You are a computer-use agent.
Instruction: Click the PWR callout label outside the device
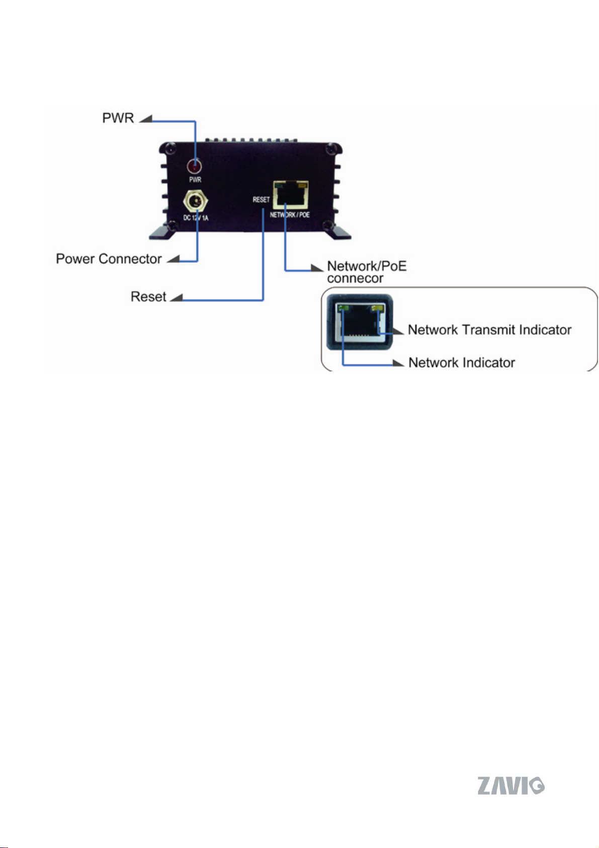[x=118, y=118]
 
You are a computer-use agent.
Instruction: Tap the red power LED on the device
[x=195, y=166]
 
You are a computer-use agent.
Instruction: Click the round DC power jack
[x=196, y=201]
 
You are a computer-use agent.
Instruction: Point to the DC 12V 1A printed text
[x=196, y=218]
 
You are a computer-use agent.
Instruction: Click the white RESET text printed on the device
[x=261, y=199]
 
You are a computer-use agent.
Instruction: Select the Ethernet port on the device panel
[x=291, y=195]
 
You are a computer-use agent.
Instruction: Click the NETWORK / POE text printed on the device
[x=290, y=215]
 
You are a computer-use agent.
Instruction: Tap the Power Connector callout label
[x=109, y=259]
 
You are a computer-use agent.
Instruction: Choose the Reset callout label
[x=148, y=296]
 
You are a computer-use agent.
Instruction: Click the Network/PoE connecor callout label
[x=367, y=272]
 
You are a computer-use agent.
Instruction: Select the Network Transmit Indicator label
[x=490, y=330]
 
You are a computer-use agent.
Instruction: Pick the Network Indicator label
[x=462, y=363]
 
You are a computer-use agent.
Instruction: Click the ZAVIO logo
[x=511, y=786]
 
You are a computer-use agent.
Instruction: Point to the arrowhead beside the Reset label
[x=177, y=297]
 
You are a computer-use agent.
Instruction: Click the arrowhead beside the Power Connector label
[x=174, y=259]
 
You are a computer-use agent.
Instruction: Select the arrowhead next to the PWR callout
[x=146, y=118]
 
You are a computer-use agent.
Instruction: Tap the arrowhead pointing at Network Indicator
[x=398, y=363]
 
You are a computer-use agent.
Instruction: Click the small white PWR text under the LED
[x=195, y=180]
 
